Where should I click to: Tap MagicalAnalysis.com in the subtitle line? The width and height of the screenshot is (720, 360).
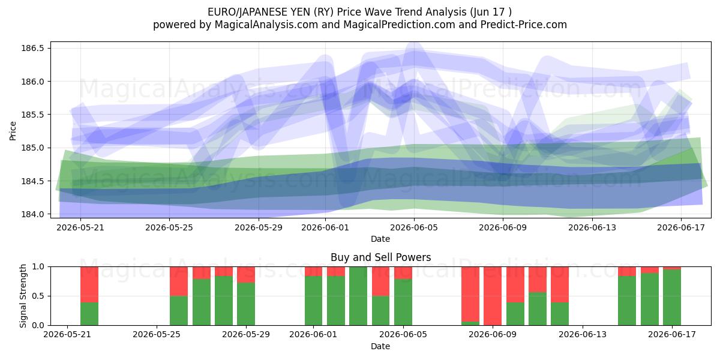point(266,25)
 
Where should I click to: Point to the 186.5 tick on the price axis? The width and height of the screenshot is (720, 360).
point(32,48)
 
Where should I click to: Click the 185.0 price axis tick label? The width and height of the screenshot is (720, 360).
point(32,148)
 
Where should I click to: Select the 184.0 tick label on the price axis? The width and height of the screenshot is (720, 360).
point(32,214)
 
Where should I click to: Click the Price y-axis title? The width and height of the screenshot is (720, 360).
point(13,131)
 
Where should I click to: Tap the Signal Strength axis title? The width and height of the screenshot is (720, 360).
point(23,296)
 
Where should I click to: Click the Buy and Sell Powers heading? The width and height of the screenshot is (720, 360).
point(380,257)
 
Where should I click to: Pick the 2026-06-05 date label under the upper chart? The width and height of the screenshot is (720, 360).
point(414,227)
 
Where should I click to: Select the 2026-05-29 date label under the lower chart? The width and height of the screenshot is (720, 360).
point(246,335)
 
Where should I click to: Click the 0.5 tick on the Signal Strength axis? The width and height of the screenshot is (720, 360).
point(38,296)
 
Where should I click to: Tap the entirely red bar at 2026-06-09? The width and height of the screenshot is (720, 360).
point(493,296)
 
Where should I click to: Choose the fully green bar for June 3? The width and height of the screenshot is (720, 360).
point(358,296)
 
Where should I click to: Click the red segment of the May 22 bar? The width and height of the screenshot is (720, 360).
point(89,284)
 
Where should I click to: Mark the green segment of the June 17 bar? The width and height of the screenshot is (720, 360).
point(672,298)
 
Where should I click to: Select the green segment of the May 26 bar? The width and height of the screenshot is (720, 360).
point(179,311)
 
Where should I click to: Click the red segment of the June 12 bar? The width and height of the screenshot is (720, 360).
point(560,284)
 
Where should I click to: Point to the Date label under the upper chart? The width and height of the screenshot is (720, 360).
point(380,239)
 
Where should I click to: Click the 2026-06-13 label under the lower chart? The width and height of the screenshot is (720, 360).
point(583,335)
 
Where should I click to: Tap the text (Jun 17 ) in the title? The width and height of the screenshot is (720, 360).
point(491,12)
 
